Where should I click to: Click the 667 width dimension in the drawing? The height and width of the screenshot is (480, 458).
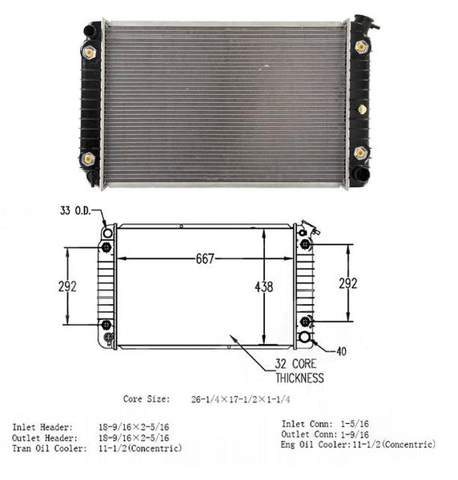(x=205, y=259)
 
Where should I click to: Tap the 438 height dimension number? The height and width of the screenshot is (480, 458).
(x=263, y=287)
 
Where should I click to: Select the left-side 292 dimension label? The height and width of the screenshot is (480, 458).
(x=67, y=286)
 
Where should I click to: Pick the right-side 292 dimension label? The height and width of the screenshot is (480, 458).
(x=348, y=283)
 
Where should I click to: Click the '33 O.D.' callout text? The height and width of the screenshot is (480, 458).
(x=75, y=210)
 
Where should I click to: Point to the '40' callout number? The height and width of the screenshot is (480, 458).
(x=341, y=351)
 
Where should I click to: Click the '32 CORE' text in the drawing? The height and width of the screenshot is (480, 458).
(x=295, y=364)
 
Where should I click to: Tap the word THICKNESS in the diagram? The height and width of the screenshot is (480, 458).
(x=299, y=378)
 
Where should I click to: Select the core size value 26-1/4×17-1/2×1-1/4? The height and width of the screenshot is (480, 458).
(x=240, y=399)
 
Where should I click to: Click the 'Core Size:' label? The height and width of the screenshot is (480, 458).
(x=147, y=399)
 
